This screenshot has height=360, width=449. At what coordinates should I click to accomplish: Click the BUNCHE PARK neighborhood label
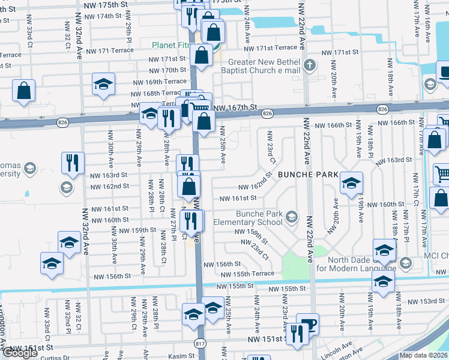(308, 174)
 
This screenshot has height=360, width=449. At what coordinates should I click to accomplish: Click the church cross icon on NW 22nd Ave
(309, 65)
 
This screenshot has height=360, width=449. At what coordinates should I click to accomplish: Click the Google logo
(20, 353)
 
